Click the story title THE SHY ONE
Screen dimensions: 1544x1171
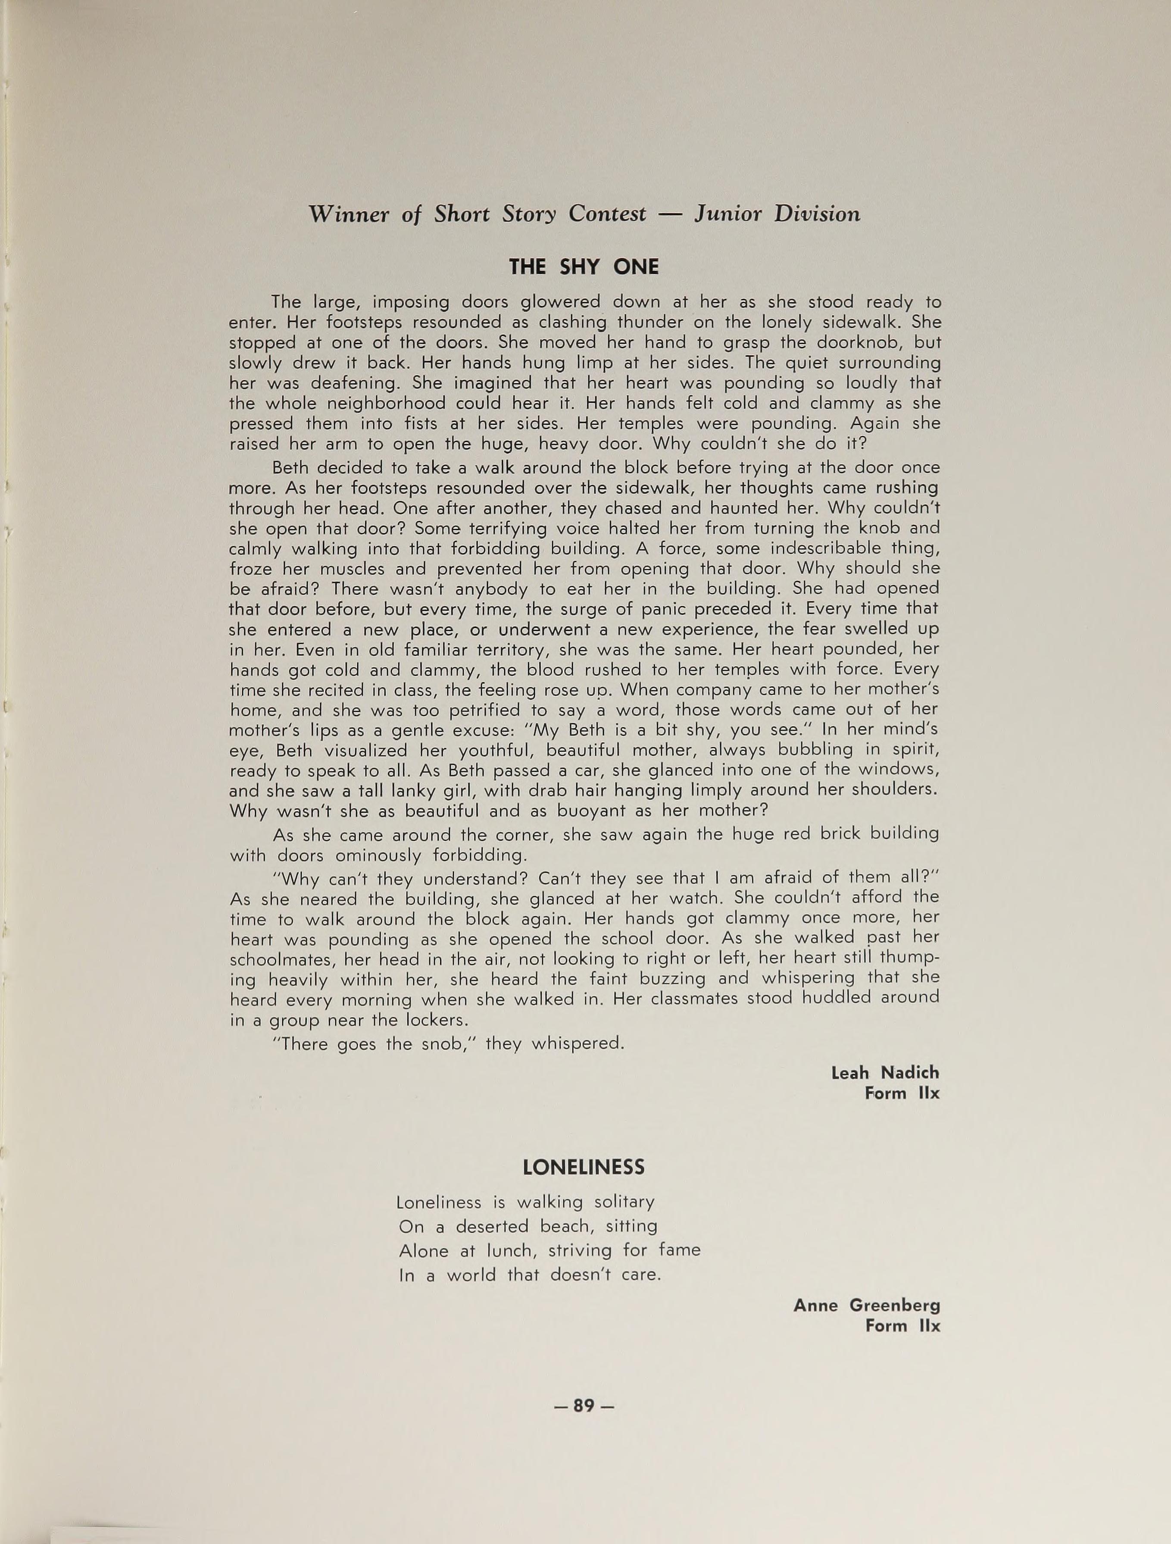coord(584,266)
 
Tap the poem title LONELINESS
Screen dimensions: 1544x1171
coord(584,1167)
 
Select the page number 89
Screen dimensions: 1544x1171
coord(584,1406)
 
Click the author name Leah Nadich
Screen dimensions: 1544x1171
coord(885,1073)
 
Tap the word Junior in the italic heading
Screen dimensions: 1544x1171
coord(728,213)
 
